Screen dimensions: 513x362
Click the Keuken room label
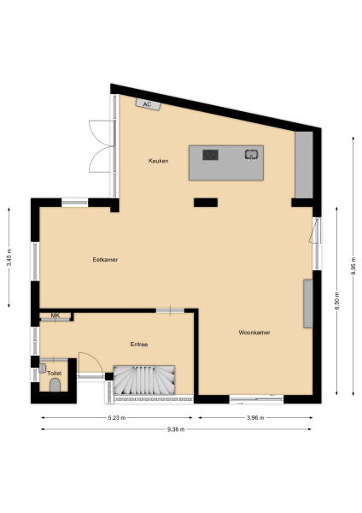(158, 161)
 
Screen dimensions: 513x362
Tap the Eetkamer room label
(105, 259)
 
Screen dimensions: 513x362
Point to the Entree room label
(139, 344)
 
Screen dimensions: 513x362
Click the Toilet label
(55, 374)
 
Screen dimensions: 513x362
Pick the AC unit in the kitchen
(148, 104)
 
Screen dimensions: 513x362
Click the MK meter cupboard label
(55, 316)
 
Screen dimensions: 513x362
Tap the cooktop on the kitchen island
(211, 155)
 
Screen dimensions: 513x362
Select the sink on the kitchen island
(252, 155)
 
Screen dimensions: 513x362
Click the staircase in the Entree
(144, 380)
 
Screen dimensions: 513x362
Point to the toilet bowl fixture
(55, 386)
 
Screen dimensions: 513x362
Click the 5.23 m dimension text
(117, 418)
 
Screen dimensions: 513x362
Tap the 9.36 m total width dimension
(177, 429)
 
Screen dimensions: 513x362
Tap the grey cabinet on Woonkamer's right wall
(308, 303)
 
